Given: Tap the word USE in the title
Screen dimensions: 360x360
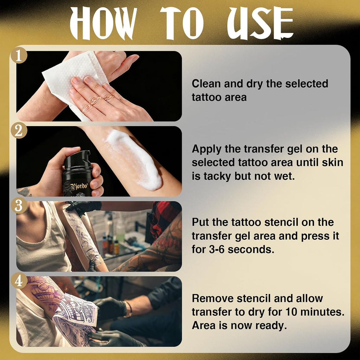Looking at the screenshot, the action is pos(260,24).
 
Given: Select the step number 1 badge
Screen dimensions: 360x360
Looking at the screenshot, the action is pos(19,55).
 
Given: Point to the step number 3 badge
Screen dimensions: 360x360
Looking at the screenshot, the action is pos(19,205).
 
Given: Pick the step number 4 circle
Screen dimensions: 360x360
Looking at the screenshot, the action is pos(19,281).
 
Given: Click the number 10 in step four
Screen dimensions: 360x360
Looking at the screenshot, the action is pos(291,312).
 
